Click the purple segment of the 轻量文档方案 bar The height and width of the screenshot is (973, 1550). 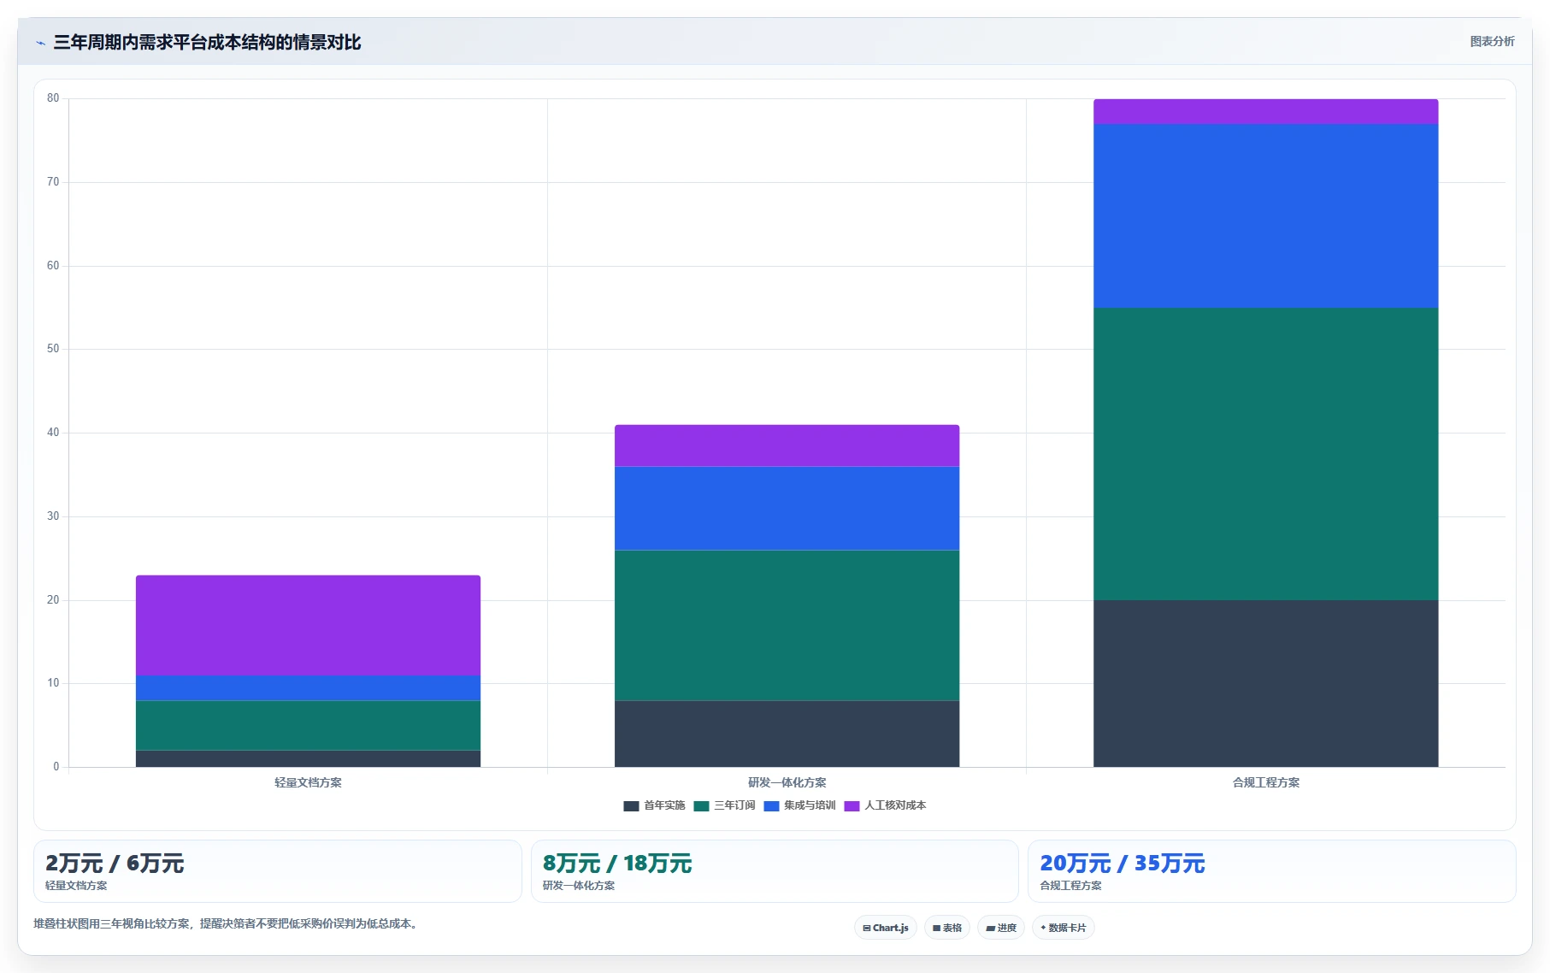pos(308,625)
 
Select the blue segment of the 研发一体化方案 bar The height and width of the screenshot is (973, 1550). pos(787,508)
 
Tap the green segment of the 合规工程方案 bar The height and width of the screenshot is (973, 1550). pos(1265,454)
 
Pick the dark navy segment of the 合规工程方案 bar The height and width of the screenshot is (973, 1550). pos(1265,683)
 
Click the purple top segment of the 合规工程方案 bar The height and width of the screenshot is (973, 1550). pos(1265,112)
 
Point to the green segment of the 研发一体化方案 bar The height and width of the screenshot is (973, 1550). pos(787,625)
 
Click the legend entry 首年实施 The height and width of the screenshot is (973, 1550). pos(655,805)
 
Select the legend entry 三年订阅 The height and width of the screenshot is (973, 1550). pos(725,805)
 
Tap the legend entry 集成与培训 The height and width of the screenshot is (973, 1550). pos(799,805)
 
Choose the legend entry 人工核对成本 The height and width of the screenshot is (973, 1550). pos(885,805)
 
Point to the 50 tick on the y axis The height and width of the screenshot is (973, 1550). pos(53,349)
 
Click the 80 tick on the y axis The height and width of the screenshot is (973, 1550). pos(53,98)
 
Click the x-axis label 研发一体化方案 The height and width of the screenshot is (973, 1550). pos(787,782)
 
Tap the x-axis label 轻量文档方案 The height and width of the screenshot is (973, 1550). pos(308,782)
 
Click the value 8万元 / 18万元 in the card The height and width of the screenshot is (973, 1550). pos(617,864)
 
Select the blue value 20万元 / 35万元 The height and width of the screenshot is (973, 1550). pos(1123,864)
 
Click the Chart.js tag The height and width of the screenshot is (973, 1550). pos(886,928)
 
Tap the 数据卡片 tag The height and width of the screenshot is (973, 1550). pos(1064,928)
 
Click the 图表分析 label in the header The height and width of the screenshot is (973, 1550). pos(1492,41)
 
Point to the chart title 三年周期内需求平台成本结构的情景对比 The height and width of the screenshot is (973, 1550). pos(207,42)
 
